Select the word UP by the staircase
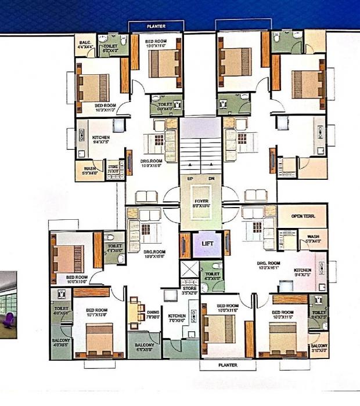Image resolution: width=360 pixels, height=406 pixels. click(189, 179)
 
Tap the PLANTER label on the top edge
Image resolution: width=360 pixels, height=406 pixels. click(156, 26)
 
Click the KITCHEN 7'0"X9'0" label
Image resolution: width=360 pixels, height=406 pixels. click(177, 318)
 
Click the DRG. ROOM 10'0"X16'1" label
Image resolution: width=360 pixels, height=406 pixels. click(268, 265)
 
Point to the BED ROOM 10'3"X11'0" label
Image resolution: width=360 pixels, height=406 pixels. click(105, 108)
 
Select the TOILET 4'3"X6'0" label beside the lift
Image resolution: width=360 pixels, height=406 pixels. click(213, 275)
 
